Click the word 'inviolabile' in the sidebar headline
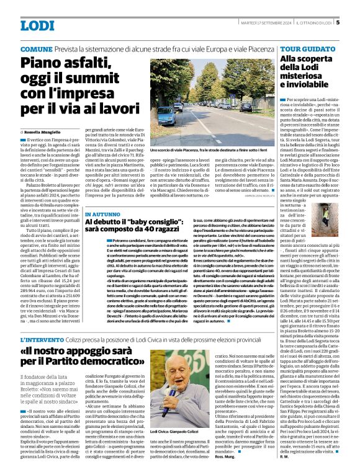click(x=304, y=84)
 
